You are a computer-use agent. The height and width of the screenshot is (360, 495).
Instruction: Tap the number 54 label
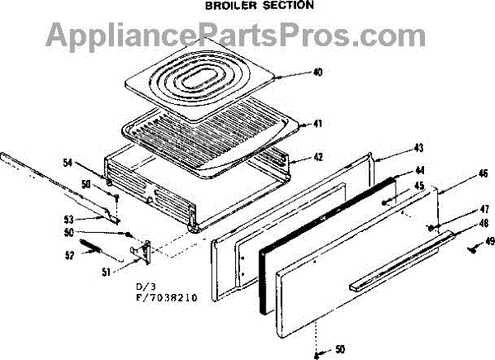[68, 163]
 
